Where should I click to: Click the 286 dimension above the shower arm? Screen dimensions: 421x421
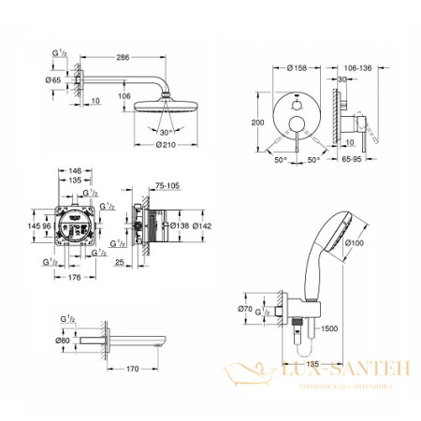click(x=122, y=56)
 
